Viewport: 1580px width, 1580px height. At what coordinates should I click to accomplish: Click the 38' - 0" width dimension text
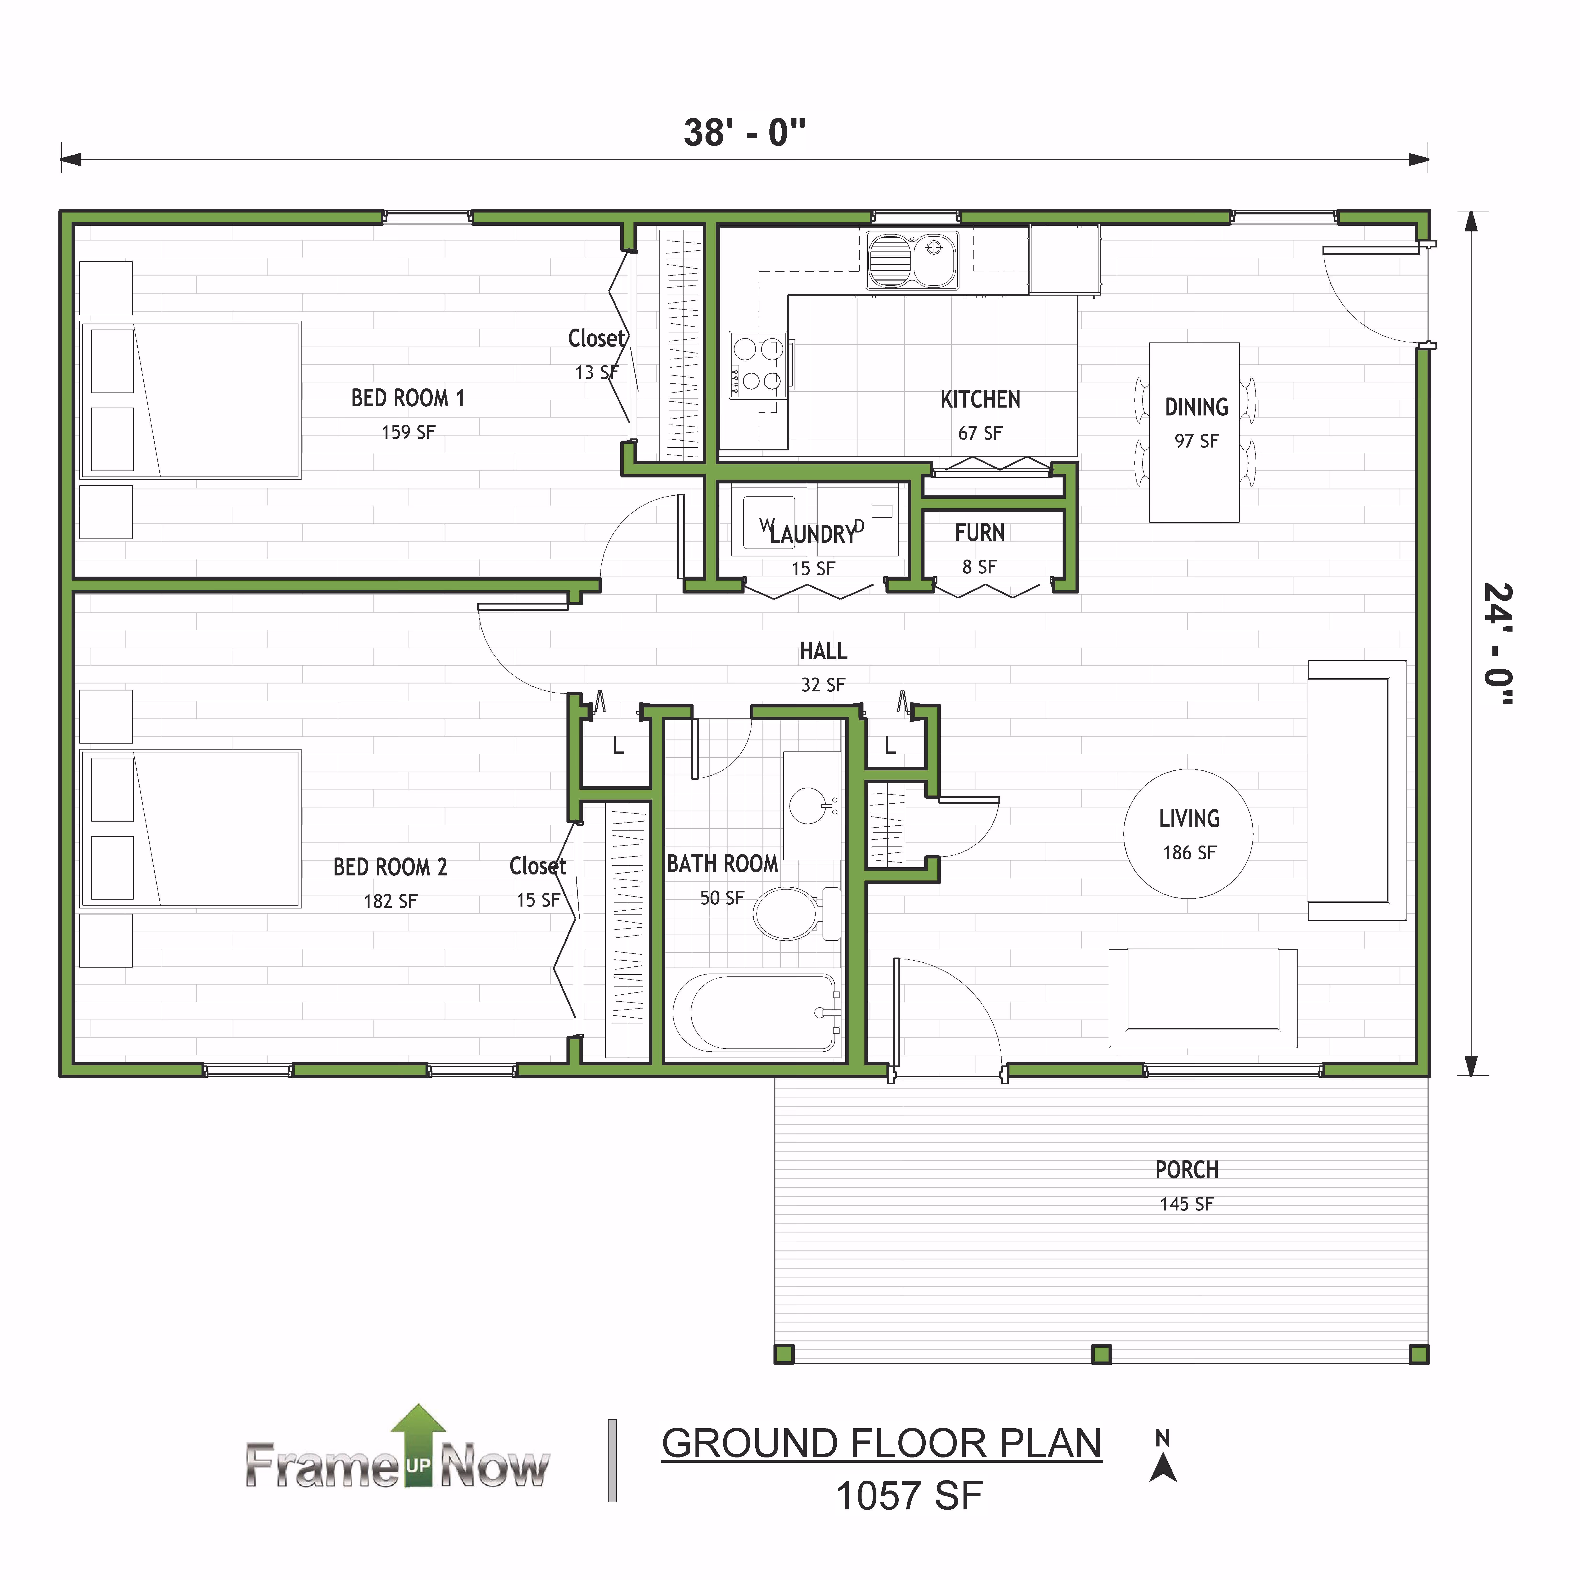745,133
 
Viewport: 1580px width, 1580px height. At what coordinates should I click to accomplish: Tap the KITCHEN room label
980,400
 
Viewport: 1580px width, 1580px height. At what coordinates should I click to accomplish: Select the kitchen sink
912,260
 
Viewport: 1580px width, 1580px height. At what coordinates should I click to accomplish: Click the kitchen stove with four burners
757,365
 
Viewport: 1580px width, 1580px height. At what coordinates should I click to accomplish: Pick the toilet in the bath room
796,913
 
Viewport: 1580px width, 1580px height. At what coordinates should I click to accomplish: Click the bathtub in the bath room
756,1012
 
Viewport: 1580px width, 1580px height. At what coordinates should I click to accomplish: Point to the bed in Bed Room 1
190,400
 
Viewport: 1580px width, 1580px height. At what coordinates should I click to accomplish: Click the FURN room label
980,533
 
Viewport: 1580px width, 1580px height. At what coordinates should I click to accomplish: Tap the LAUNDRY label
812,534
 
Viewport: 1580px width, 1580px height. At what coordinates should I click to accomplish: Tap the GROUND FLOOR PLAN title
882,1443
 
